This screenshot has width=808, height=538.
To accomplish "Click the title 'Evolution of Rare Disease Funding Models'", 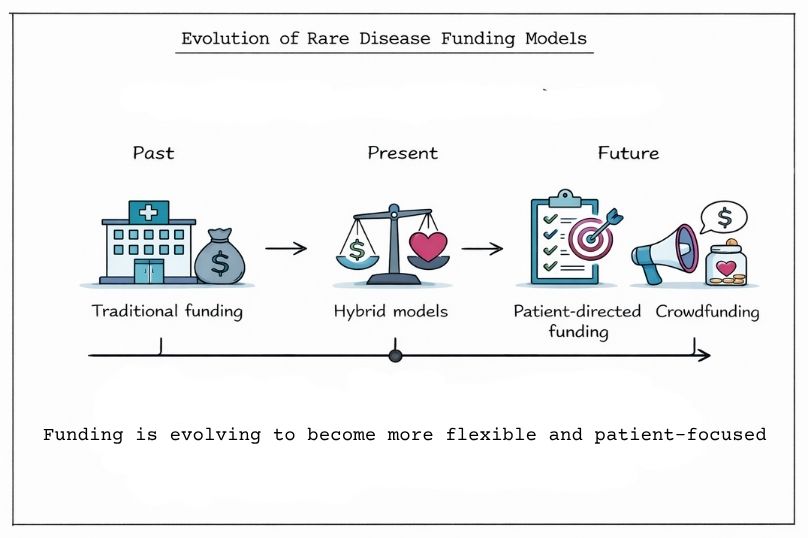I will (384, 40).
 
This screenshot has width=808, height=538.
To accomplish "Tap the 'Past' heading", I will (153, 153).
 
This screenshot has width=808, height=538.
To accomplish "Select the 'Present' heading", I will (402, 153).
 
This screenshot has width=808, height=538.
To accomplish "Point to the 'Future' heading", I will (628, 153).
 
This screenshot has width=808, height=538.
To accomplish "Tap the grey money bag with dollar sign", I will (222, 257).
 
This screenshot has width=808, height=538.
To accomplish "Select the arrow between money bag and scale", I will (285, 248).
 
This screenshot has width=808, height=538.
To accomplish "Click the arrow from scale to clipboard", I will (482, 248).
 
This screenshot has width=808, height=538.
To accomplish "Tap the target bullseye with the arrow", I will (591, 235).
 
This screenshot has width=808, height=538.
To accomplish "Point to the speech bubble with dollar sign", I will (724, 216).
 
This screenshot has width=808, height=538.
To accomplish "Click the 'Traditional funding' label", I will (167, 311).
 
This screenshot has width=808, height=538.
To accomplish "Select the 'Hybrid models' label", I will (390, 311).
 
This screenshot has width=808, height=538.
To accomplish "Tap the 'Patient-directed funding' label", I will (577, 321).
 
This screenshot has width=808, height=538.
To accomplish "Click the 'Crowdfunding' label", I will (707, 311).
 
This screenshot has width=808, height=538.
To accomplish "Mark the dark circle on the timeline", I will (395, 355).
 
